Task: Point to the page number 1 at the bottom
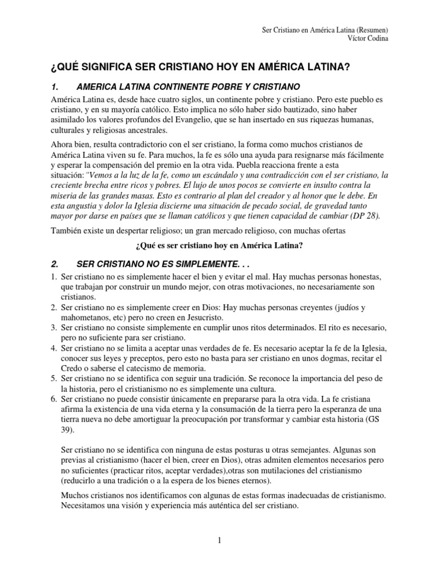219,540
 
